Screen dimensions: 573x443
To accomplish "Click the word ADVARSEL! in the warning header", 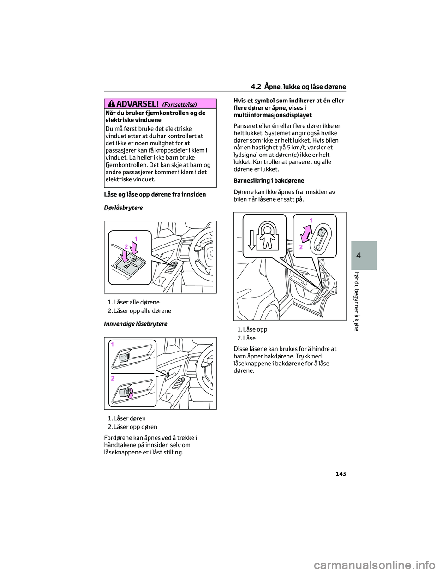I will click(138, 104).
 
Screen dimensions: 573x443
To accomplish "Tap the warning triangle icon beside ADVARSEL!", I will click(111, 104).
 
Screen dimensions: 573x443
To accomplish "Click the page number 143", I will click(341, 474).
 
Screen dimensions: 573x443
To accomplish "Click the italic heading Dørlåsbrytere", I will click(123, 208).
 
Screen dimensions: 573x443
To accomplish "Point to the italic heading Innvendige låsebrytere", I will click(136, 324).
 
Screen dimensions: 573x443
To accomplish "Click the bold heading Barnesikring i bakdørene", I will click(269, 181).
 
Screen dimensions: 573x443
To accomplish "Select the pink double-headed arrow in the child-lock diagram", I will click(306, 233).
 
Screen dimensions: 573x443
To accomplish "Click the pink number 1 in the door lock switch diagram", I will click(136, 239).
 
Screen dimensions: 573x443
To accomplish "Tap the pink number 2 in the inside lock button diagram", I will click(113, 378).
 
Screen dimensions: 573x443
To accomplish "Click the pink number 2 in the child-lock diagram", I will click(301, 247).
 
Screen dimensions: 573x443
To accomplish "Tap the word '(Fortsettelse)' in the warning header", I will click(180, 105).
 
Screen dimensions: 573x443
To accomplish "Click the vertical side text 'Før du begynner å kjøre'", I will click(356, 301).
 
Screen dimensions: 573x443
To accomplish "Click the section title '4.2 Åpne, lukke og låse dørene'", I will click(298, 87).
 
